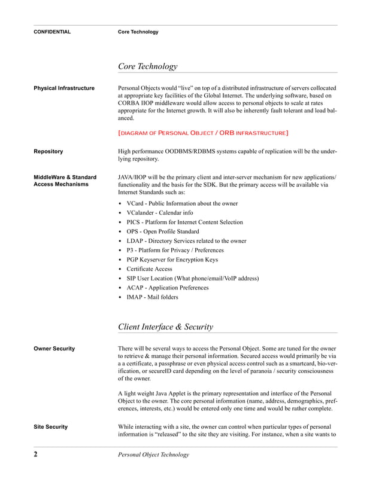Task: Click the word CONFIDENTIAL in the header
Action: coord(52,32)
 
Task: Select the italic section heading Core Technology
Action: coord(148,66)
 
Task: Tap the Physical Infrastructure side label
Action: coord(64,89)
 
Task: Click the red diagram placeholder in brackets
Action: coord(203,132)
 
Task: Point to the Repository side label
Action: coord(48,152)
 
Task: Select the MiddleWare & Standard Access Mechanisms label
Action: coord(65,181)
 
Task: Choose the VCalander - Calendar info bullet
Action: coord(160,213)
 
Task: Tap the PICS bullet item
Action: coord(184,222)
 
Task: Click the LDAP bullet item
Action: coord(186,241)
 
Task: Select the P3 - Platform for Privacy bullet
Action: coord(175,250)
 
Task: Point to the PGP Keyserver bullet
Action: coord(172,260)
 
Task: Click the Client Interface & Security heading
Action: coord(166,327)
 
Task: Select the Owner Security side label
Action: coord(54,349)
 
